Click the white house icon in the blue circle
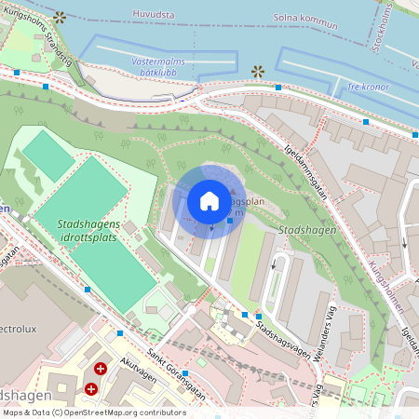click(x=209, y=201)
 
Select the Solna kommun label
click(x=306, y=18)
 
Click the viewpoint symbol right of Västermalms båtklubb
click(x=258, y=71)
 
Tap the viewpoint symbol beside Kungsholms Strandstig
click(x=60, y=17)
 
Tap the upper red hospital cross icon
click(x=101, y=369)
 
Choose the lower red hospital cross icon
click(x=91, y=388)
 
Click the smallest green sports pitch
click(x=47, y=155)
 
